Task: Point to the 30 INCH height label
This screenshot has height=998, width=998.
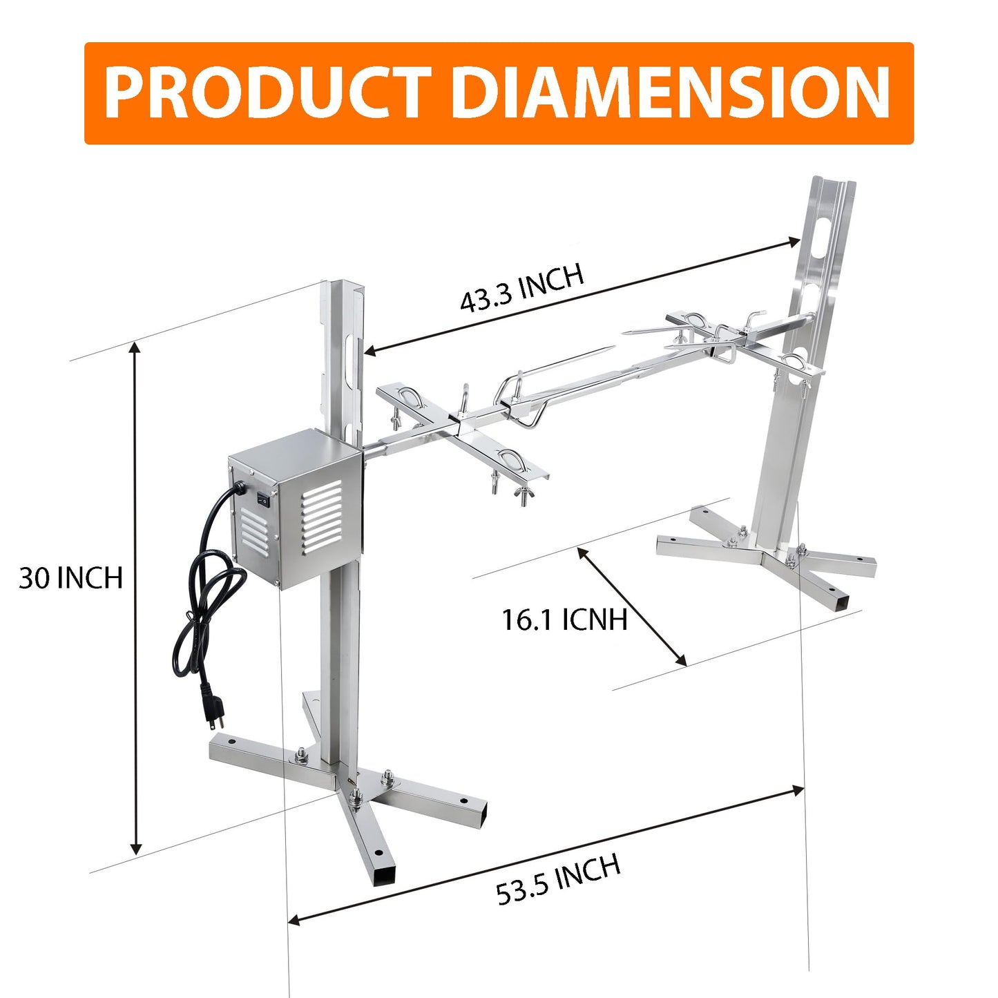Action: click(70, 577)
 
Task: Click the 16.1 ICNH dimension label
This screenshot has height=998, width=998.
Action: click(564, 620)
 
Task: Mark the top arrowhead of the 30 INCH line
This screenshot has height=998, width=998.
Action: click(135, 349)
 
